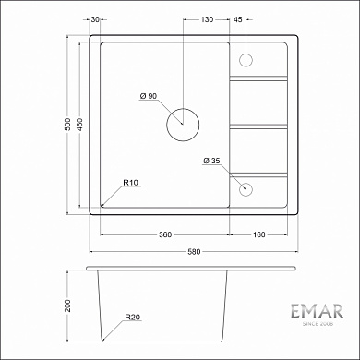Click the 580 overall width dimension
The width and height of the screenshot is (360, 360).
(193, 250)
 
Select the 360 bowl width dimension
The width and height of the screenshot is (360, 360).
(164, 234)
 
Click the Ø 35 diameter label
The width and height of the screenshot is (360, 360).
(211, 162)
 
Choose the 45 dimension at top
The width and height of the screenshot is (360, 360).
(238, 18)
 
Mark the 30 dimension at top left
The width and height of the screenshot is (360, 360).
(97, 18)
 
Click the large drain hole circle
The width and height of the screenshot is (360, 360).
(181, 123)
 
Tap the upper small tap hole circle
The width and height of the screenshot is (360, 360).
(246, 60)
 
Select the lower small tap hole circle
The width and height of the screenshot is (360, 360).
(246, 189)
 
